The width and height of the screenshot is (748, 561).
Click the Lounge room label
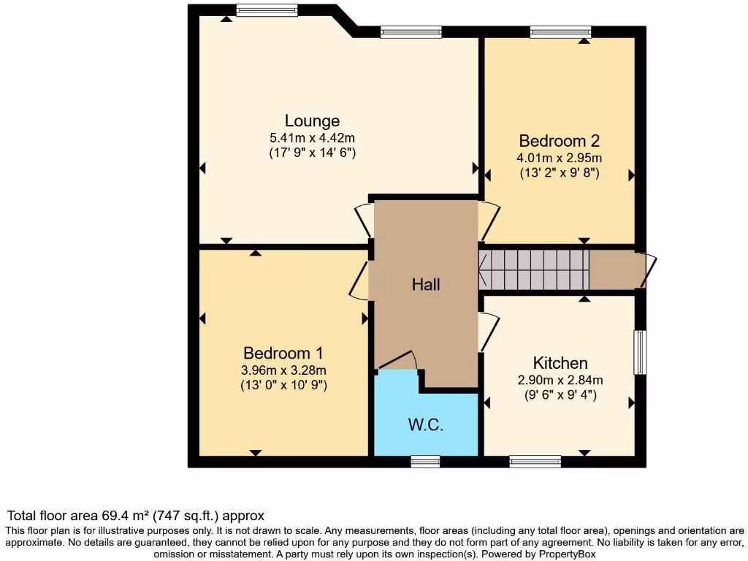312,121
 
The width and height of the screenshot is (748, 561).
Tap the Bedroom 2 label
560,140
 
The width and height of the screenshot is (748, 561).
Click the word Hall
426,284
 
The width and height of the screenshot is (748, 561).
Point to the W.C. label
426,424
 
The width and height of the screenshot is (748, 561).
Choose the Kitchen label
560,363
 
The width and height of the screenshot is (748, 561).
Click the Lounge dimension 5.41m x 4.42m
312,137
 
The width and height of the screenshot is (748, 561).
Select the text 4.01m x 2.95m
560,158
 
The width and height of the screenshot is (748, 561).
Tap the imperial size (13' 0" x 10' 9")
283,384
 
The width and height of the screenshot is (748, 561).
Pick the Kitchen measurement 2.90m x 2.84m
560,380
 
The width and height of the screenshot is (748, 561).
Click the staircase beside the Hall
534,270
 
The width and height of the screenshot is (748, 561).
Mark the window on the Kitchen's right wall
640,352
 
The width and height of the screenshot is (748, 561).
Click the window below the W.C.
425,461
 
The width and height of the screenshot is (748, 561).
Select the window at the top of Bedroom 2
560,31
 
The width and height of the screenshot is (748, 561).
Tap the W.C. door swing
399,360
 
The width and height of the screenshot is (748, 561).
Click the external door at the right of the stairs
649,270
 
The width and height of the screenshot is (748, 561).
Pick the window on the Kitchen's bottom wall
535,461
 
